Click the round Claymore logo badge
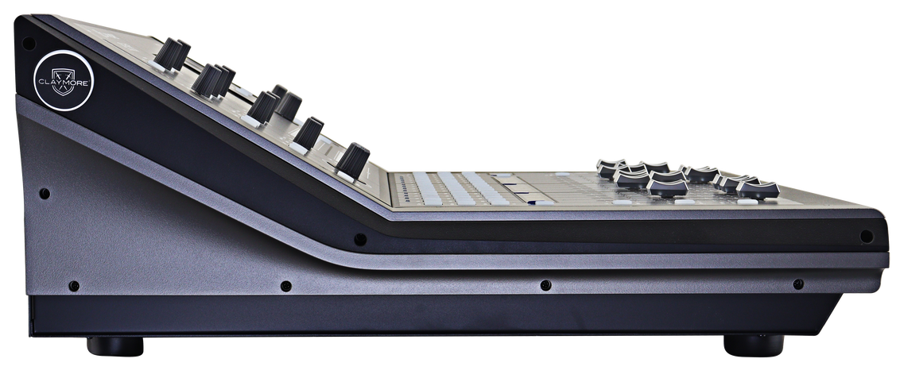click(x=64, y=81)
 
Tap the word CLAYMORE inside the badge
click(x=64, y=83)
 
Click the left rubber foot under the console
click(x=115, y=345)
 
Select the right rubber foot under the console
click(x=754, y=345)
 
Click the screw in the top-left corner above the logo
click(x=28, y=43)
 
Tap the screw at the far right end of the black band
click(x=867, y=237)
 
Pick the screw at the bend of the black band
click(x=360, y=239)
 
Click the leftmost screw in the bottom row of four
click(x=74, y=286)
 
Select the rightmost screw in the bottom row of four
click(x=798, y=284)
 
